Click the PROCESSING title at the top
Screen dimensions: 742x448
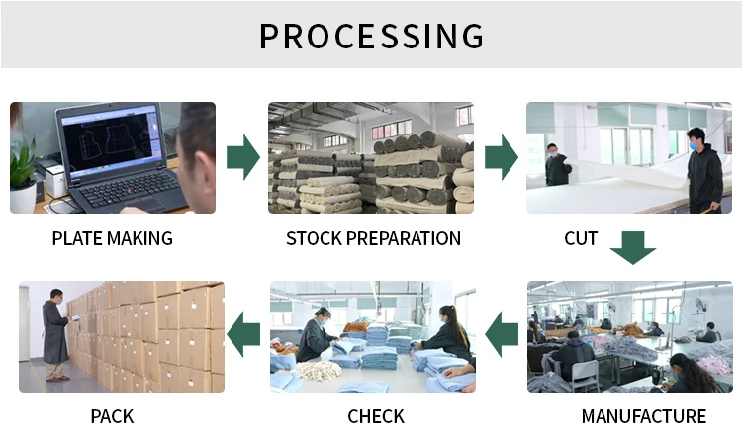pyautogui.click(x=371, y=36)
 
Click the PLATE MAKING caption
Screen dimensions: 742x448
pyautogui.click(x=112, y=238)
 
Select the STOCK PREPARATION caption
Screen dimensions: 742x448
pyautogui.click(x=373, y=238)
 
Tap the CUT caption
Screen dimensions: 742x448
pyautogui.click(x=580, y=238)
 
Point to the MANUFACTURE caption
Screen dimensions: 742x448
pyautogui.click(x=643, y=416)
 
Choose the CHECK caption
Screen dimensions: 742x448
pyautogui.click(x=376, y=416)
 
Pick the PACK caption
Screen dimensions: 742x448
pyautogui.click(x=112, y=416)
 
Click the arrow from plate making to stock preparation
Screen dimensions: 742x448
pyautogui.click(x=242, y=157)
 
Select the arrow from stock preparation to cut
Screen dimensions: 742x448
pyautogui.click(x=501, y=157)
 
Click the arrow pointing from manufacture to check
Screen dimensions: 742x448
pyautogui.click(x=502, y=334)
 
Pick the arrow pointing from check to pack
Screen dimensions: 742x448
pyautogui.click(x=243, y=334)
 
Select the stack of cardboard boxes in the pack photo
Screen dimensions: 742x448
pyautogui.click(x=158, y=336)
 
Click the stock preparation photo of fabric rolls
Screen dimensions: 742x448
pyautogui.click(x=371, y=158)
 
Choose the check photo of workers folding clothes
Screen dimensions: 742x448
pyautogui.click(x=373, y=336)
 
